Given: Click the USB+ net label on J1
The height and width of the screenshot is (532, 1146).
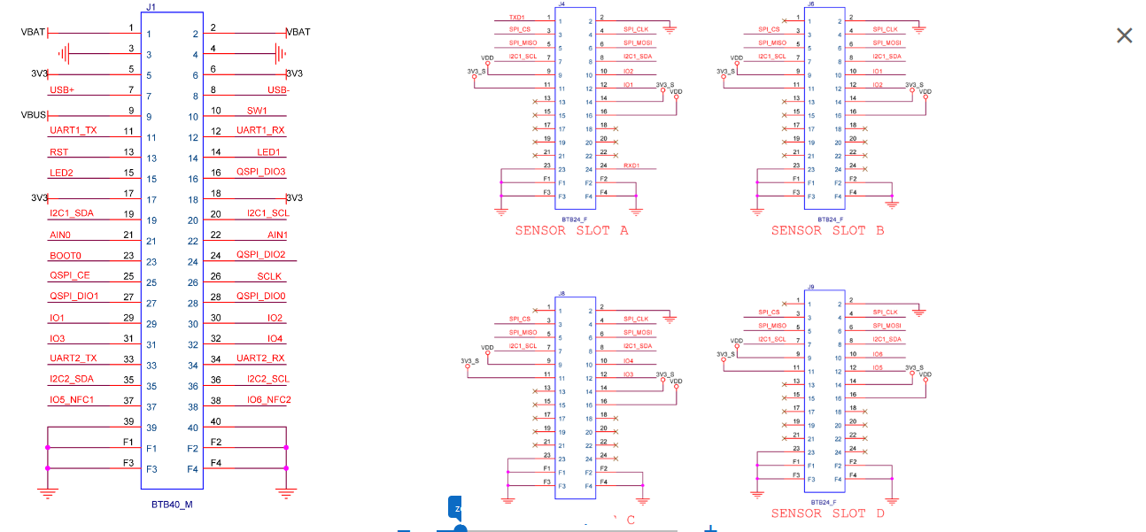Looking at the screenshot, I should coord(62,90).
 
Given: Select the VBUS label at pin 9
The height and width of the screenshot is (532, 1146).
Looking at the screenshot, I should coord(34,115).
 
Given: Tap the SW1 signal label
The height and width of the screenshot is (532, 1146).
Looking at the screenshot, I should coord(257,112).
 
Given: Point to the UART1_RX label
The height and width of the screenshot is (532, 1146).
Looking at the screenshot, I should coord(260,131).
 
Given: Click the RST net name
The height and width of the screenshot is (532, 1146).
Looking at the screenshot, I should coord(59,152).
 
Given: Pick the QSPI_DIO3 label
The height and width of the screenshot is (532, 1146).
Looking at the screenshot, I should coord(260,173).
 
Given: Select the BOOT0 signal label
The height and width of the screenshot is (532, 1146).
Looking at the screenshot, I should coord(66,256).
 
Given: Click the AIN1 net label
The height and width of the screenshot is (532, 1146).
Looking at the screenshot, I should coord(277,235).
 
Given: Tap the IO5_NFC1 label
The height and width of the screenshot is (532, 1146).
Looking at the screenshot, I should coord(72,400).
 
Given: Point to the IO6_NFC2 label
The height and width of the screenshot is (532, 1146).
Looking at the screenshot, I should coord(269,400).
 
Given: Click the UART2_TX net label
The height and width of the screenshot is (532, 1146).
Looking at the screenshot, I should coord(74,359).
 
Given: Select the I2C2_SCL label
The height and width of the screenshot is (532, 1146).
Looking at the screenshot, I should coord(268,379).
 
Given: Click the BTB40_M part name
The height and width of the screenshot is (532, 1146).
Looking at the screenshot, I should coord(172,505).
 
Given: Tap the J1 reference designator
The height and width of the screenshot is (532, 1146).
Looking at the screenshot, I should coord(150,7).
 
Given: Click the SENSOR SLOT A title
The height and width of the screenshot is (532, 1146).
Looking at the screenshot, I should coord(571,231).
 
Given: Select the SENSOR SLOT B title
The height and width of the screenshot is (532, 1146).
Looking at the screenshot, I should coord(827,231).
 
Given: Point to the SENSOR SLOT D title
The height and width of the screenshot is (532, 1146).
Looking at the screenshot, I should coord(827,513).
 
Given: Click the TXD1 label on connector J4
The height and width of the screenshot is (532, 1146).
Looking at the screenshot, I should coord(517,17).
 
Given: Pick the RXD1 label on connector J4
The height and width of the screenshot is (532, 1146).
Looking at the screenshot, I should coord(631,166).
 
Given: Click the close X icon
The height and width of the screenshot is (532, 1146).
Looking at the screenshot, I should coord(1124,35).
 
